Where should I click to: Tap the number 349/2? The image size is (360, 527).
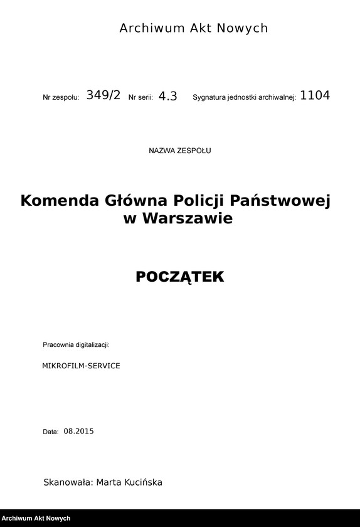pyautogui.click(x=103, y=96)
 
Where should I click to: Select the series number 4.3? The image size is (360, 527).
pyautogui.click(x=168, y=97)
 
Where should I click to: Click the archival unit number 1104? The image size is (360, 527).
pyautogui.click(x=315, y=96)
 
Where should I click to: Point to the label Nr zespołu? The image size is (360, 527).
pyautogui.click(x=61, y=98)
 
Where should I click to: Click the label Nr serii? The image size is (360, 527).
pyautogui.click(x=140, y=98)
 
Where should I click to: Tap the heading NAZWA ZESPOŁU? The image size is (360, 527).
pyautogui.click(x=180, y=151)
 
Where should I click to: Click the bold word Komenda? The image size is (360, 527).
pyautogui.click(x=60, y=201)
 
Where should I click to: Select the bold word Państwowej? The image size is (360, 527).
pyautogui.click(x=280, y=201)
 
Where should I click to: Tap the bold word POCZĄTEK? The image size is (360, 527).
pyautogui.click(x=180, y=277)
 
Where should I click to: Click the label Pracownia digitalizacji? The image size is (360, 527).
pyautogui.click(x=76, y=345)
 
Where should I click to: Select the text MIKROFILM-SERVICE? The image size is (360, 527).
pyautogui.click(x=81, y=365)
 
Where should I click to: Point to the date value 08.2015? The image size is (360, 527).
pyautogui.click(x=78, y=431)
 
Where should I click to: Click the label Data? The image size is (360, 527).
pyautogui.click(x=51, y=432)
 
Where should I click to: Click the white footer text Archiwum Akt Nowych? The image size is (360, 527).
pyautogui.click(x=36, y=519)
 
